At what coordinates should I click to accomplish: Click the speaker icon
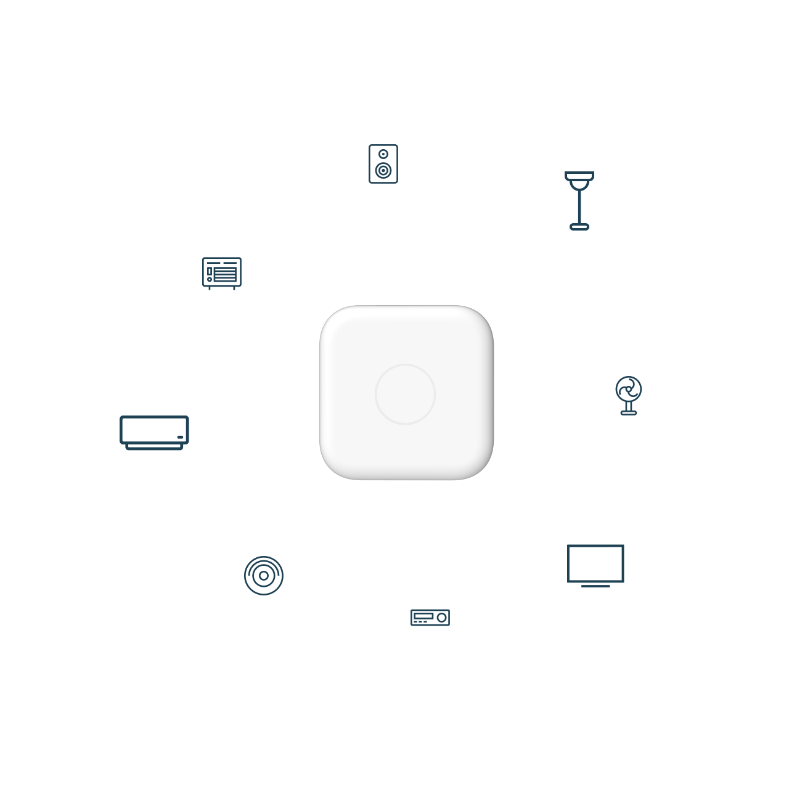click(383, 163)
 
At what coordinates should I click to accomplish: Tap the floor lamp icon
click(579, 200)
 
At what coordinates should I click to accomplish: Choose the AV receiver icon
click(430, 617)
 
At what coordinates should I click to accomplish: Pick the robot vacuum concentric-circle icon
click(264, 575)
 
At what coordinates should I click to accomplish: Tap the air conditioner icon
click(154, 431)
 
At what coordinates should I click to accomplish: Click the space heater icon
click(221, 273)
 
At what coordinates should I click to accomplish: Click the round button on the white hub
click(405, 394)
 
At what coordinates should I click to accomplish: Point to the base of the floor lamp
click(579, 227)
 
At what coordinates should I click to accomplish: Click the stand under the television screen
click(595, 585)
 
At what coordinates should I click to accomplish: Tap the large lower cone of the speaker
click(383, 170)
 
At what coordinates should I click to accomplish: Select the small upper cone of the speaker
click(383, 153)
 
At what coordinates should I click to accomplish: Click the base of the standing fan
click(628, 412)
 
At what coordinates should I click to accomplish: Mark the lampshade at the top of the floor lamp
click(579, 176)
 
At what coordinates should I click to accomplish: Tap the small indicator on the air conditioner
click(180, 438)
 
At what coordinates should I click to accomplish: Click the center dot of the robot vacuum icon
click(264, 576)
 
